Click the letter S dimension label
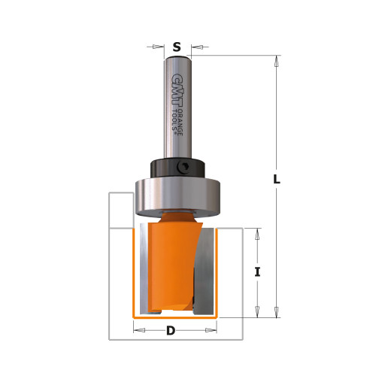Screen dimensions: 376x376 [177, 47]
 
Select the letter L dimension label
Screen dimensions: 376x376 [277, 180]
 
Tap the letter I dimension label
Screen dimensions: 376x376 [257, 271]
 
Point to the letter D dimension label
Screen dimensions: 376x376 [171, 331]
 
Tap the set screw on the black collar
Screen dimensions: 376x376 [183, 168]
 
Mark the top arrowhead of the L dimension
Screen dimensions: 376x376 [277, 62]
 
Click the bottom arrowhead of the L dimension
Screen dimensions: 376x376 [277, 312]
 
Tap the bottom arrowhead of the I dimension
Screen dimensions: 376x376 [257, 311]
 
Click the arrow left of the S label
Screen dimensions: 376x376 [159, 47]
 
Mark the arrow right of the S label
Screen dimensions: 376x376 [194, 47]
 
